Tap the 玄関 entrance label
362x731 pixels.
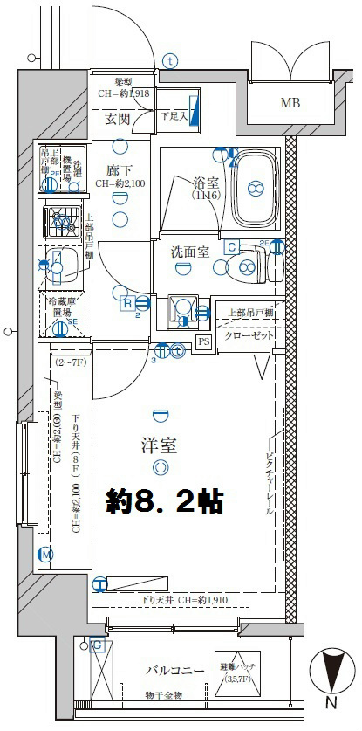coord(119,118)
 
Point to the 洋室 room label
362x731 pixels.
coord(159,445)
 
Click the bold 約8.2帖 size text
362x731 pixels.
coord(165,500)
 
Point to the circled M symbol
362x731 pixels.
coord(46,554)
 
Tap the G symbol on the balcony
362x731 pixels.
coord(97,645)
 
